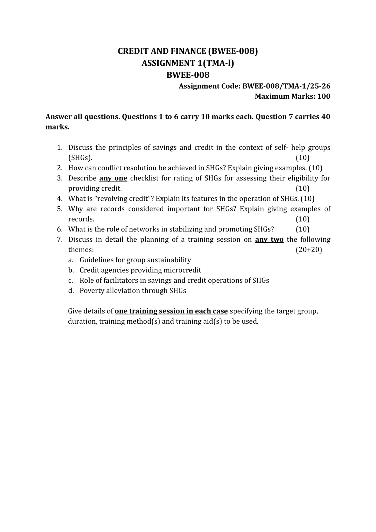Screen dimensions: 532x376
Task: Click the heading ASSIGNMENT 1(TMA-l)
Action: coord(188,63)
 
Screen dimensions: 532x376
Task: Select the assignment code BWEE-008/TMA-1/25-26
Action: coord(286,86)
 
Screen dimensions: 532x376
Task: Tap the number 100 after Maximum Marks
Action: coord(324,96)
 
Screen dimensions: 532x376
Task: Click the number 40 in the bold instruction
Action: coord(326,117)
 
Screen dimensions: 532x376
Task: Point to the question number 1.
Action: coord(60,148)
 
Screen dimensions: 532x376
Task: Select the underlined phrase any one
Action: coord(113,178)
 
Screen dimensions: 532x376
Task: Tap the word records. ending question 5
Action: coord(81,219)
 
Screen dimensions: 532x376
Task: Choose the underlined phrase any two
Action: coord(269,240)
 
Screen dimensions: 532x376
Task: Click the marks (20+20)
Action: coord(309,250)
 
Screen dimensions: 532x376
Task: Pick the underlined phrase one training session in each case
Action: coord(171,311)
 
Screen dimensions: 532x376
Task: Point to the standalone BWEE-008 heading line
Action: coord(188,75)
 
